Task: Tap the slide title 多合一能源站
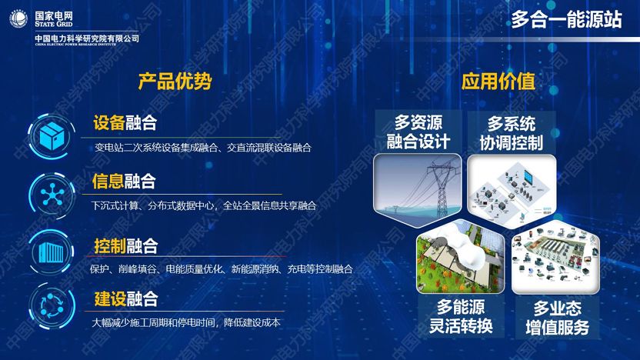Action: [x=566, y=21]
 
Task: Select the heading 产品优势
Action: [x=175, y=82]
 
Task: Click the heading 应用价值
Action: [x=498, y=82]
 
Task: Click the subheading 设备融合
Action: [x=125, y=123]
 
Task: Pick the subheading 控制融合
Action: [x=125, y=246]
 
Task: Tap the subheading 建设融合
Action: [x=125, y=298]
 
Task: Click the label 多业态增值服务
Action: [x=557, y=318]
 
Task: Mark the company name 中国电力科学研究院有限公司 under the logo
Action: [x=87, y=38]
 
